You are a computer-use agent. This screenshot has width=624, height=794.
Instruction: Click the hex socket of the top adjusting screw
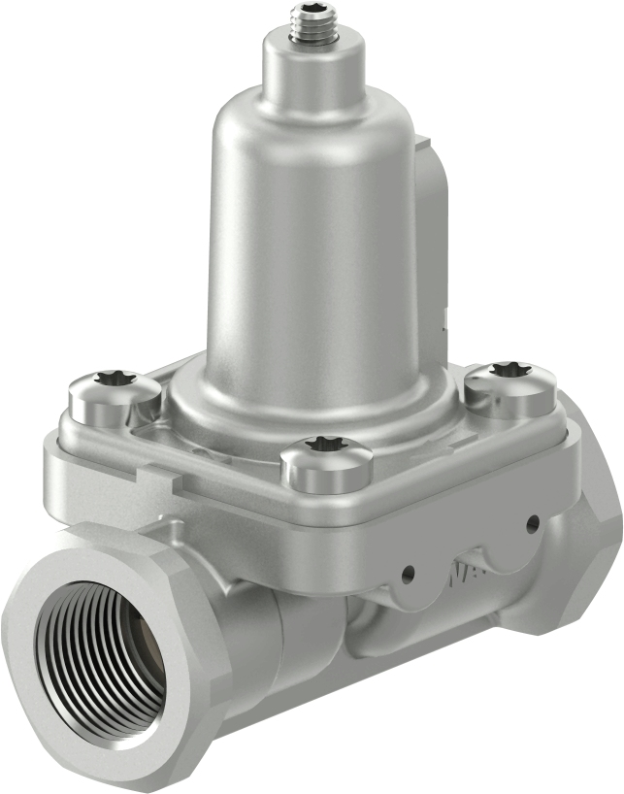coord(312,13)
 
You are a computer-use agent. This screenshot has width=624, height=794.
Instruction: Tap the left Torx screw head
coord(114,394)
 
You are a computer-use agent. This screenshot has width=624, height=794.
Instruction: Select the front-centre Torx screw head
coord(326,456)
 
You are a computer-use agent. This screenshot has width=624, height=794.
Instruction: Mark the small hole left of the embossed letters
coord(409,572)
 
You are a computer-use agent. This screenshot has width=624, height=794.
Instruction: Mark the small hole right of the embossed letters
coord(532,524)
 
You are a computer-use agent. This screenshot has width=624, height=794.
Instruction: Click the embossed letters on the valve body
coord(463,576)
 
